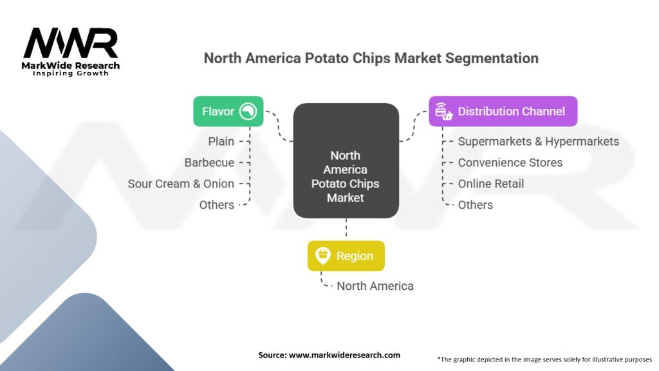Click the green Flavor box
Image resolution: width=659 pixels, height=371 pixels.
[228, 111]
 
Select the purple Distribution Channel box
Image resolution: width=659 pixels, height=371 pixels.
[503, 111]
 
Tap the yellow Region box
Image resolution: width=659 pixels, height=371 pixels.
[346, 256]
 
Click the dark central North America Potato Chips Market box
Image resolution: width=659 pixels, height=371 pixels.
[346, 160]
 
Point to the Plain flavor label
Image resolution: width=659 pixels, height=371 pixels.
[221, 141]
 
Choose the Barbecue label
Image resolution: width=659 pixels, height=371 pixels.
[209, 163]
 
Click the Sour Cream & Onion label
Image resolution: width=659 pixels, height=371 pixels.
[181, 184]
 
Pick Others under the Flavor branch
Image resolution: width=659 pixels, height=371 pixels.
[216, 205]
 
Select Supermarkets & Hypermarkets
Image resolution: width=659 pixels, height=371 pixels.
[539, 142]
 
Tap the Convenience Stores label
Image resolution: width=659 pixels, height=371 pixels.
[510, 163]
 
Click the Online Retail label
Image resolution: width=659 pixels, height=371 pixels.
[491, 184]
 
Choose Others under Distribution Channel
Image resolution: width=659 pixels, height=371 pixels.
[476, 205]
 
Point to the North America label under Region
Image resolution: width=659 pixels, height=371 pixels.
[375, 286]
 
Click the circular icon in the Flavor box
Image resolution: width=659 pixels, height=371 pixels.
[248, 111]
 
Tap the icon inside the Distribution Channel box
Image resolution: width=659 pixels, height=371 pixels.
[443, 111]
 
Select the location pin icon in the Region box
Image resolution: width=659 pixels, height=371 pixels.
[323, 256]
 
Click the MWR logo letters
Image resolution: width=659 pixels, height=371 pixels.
[71, 43]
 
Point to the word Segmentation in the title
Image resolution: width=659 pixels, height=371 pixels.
[492, 58]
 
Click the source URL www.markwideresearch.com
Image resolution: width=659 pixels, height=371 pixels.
[345, 355]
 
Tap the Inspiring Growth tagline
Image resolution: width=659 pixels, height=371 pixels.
[71, 73]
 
